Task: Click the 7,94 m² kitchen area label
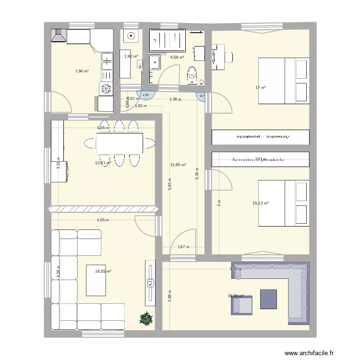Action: pyautogui.click(x=82, y=71)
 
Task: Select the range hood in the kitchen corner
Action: pyautogui.click(x=57, y=36)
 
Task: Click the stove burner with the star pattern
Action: pyautogui.click(x=106, y=88)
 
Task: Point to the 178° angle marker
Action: pyautogui.click(x=145, y=95)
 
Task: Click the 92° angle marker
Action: pyautogui.click(x=202, y=96)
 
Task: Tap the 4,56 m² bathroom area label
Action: pyautogui.click(x=177, y=57)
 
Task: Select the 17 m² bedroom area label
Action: pyautogui.click(x=261, y=87)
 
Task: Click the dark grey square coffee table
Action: pyautogui.click(x=269, y=299)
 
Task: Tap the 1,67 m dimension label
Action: pyautogui.click(x=183, y=247)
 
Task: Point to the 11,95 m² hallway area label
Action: pyautogui.click(x=178, y=165)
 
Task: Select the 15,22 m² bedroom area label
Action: pyautogui.click(x=261, y=203)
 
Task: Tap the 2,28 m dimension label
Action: pyautogui.click(x=175, y=99)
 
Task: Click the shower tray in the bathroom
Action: pyautogui.click(x=168, y=40)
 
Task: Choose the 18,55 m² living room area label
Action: pyautogui.click(x=103, y=271)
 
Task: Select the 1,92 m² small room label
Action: pyautogui.click(x=131, y=56)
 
